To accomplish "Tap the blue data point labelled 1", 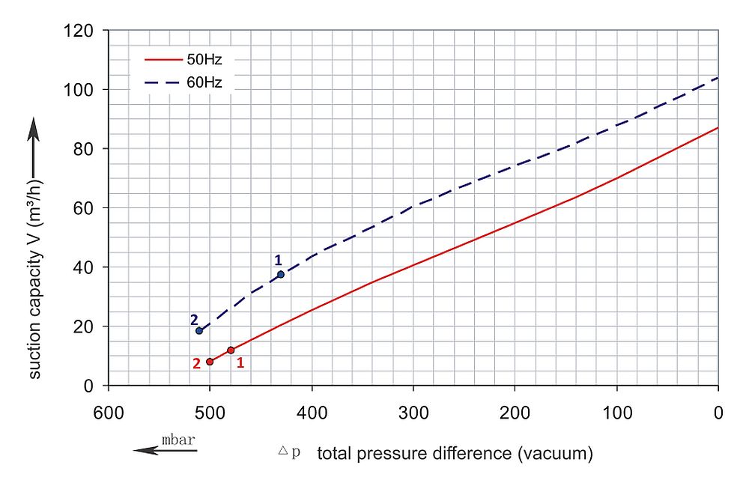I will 281,275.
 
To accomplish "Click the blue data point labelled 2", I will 199,331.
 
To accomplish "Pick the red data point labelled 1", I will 231,350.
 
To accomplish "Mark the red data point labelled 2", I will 210,362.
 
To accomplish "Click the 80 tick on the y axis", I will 86,149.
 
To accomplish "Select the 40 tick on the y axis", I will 86,267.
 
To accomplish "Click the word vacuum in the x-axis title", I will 558,453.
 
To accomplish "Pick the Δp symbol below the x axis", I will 288,453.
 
